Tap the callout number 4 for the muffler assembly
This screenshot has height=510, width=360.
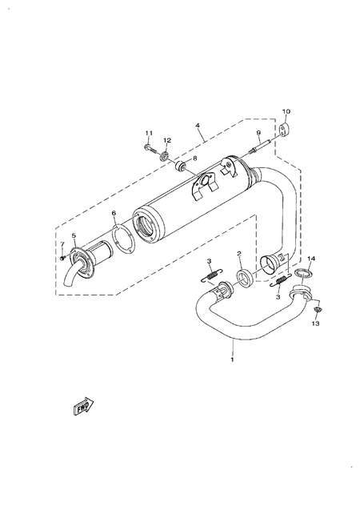(x=197, y=126)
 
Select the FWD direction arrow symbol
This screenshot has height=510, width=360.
(x=82, y=408)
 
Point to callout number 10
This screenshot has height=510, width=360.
(x=286, y=111)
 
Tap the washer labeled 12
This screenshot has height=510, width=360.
(x=166, y=154)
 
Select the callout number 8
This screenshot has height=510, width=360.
(x=193, y=159)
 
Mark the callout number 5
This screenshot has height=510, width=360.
(x=73, y=235)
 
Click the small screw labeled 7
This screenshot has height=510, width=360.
(x=62, y=257)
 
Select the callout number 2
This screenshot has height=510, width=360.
(x=238, y=254)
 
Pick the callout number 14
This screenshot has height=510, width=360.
(x=312, y=259)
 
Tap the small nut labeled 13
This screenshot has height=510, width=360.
(x=317, y=309)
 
